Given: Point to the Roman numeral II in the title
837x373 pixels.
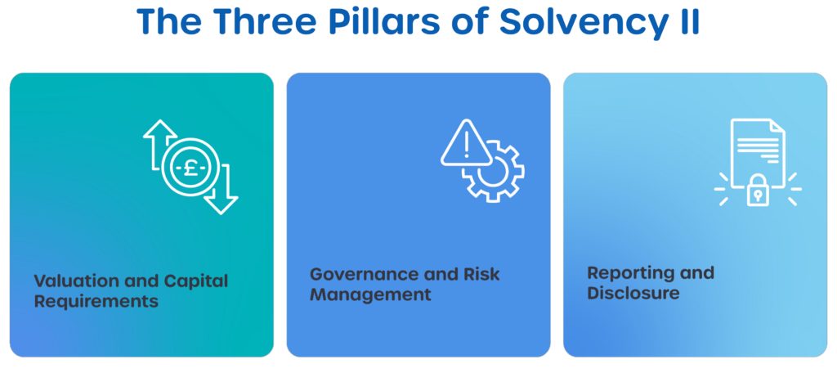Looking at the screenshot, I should (685, 23).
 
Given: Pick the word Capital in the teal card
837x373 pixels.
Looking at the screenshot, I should (194, 281).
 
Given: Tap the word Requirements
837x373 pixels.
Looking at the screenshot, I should (96, 301).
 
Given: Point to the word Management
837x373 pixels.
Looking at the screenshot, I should (369, 294).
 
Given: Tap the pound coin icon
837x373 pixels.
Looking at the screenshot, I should (189, 169).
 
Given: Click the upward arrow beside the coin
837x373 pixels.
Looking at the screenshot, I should (159, 143).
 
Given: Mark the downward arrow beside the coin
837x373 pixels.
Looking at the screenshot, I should (220, 190).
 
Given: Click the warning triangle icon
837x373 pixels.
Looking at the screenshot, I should (465, 145).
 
